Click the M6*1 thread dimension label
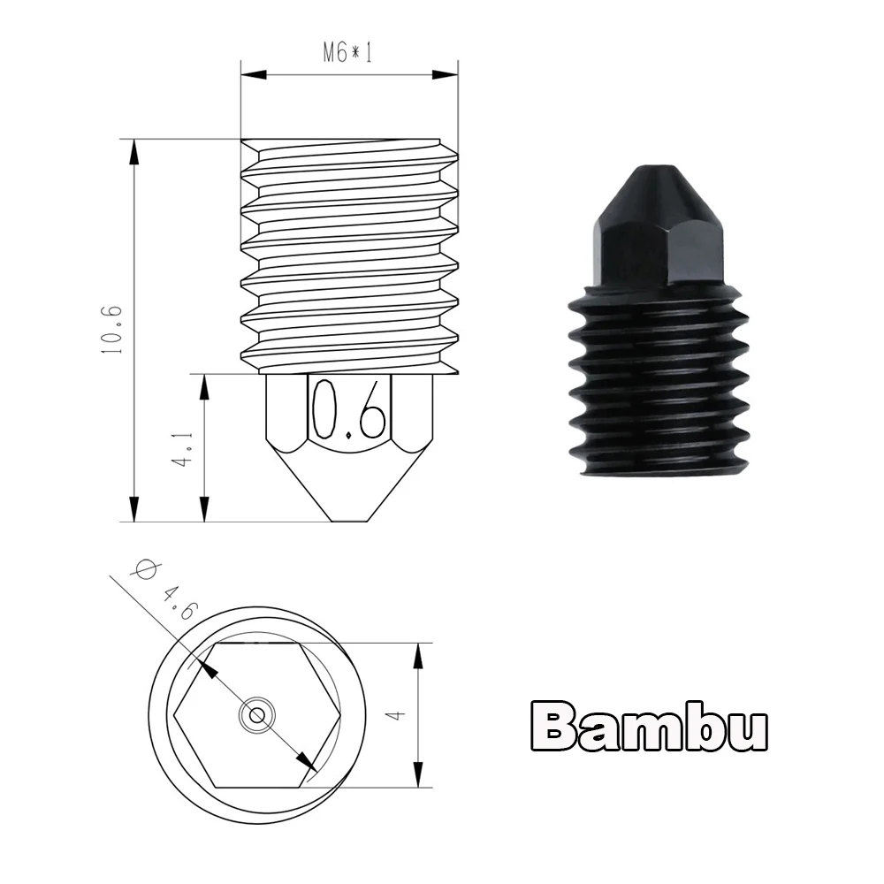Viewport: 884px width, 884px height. click(x=347, y=53)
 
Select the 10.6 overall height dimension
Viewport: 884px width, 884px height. click(x=111, y=330)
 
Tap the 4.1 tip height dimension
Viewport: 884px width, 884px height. click(x=183, y=448)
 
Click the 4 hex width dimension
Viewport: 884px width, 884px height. click(x=397, y=715)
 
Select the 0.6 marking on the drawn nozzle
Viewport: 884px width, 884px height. click(x=350, y=409)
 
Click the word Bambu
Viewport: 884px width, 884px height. click(x=649, y=726)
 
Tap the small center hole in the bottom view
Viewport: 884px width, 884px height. click(x=257, y=715)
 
